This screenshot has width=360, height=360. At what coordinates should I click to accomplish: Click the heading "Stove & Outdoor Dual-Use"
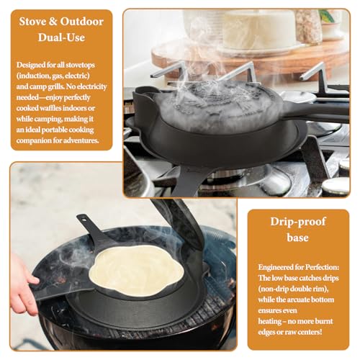(61, 30)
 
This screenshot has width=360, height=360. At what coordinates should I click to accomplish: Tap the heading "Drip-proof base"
(298, 230)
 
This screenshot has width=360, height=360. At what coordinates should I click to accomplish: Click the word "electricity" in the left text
(92, 86)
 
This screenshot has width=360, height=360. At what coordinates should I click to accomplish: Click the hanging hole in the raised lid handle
(84, 219)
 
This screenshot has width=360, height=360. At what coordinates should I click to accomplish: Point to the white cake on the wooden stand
(259, 30)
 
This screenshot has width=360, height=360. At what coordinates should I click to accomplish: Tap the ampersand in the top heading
(53, 22)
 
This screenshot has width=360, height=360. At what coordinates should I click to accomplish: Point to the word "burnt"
(323, 321)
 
